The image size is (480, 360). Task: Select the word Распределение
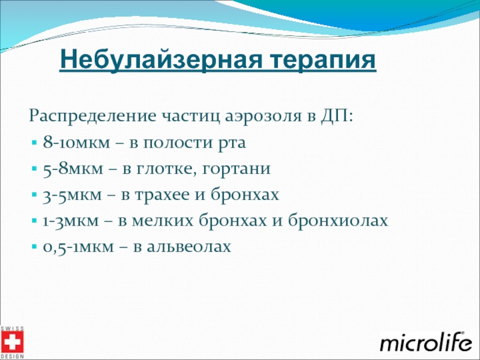pos(92,116)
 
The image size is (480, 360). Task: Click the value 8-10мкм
pos(76,142)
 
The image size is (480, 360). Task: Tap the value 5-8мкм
pos(73,169)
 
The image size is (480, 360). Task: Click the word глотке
pos(166,169)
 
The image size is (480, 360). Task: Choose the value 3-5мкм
pos(72,194)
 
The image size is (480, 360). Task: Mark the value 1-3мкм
pos(71,221)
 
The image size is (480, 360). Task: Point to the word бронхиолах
pos(338,220)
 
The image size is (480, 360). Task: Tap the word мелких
pos(163,220)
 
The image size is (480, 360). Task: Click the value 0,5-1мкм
pos(78,247)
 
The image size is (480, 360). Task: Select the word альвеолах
pos(189,246)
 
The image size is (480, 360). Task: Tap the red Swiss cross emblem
pos(12,342)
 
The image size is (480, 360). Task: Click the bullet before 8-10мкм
pos(34,143)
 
